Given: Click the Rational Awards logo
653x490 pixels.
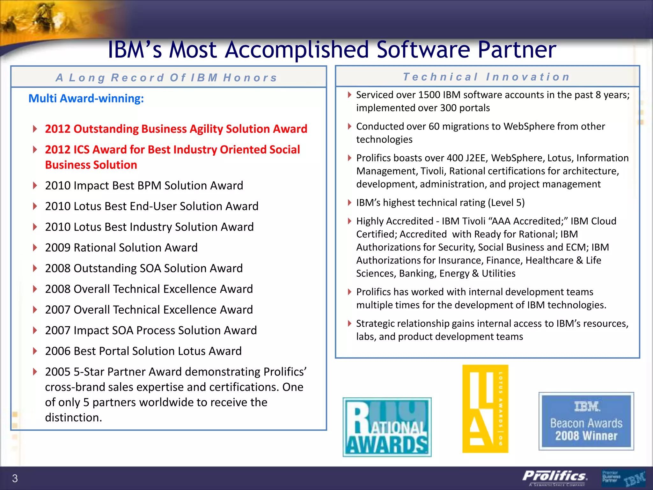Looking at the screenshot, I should (x=387, y=427).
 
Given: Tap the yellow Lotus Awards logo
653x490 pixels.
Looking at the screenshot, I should (x=485, y=409).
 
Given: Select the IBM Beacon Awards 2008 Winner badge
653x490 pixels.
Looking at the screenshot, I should (x=586, y=421).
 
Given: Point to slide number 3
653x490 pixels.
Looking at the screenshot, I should (x=15, y=478).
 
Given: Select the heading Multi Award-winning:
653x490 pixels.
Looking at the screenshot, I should (x=86, y=98).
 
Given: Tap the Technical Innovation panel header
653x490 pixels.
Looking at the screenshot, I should (x=487, y=77).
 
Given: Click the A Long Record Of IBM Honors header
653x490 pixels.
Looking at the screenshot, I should (x=166, y=78).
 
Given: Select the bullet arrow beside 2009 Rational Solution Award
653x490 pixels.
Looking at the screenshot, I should (x=35, y=248).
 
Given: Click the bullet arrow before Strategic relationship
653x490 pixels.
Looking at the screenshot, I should (x=349, y=323).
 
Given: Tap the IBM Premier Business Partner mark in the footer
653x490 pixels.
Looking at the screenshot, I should (x=624, y=478).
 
